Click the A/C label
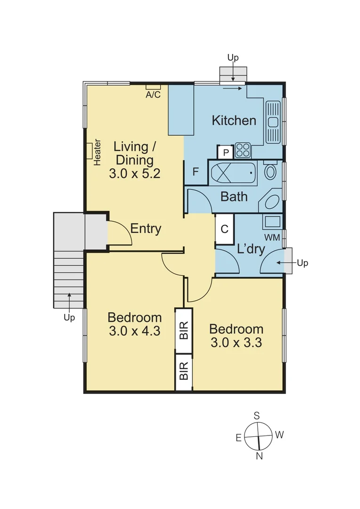coord(153,94)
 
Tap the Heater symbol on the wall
coord(89,151)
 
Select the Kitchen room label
coord(234,121)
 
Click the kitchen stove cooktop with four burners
coord(243,151)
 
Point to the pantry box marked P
coord(225,153)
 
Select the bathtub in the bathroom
coord(233,173)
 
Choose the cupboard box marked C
coord(225,229)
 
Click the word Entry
coord(146,229)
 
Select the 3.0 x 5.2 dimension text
coord(134,173)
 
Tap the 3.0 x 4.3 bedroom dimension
coord(134,331)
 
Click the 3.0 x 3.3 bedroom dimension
coord(236,342)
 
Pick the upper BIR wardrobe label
coord(184,330)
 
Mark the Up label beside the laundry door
coord(302,263)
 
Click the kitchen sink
coord(273,122)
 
